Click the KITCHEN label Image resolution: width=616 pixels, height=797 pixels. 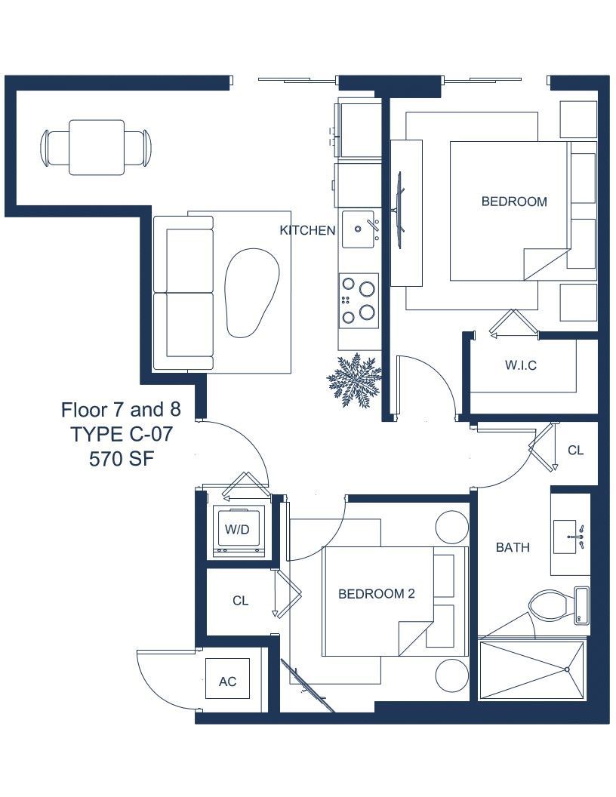[x=307, y=230]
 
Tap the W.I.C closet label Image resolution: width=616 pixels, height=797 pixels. [x=520, y=365]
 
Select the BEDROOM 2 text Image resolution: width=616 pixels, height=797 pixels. [x=377, y=593]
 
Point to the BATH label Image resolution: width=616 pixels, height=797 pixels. [x=513, y=547]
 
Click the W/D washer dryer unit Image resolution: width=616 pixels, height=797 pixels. [x=238, y=531]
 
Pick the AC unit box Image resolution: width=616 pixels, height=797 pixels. [x=228, y=682]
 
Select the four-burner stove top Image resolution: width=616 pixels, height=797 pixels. [x=359, y=301]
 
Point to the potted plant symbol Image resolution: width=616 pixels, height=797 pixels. [x=354, y=380]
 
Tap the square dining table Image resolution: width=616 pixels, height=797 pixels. [x=97, y=147]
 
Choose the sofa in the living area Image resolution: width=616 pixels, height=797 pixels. [x=183, y=293]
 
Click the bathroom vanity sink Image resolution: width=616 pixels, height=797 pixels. [x=570, y=537]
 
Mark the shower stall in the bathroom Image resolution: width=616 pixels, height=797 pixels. [x=531, y=671]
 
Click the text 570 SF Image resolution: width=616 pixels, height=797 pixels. [x=122, y=459]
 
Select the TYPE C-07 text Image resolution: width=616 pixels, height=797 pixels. [x=122, y=435]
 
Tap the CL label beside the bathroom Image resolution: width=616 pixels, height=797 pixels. [x=575, y=451]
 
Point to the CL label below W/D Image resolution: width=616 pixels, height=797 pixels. [x=240, y=601]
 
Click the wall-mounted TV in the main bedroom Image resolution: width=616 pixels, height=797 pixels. [x=399, y=203]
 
